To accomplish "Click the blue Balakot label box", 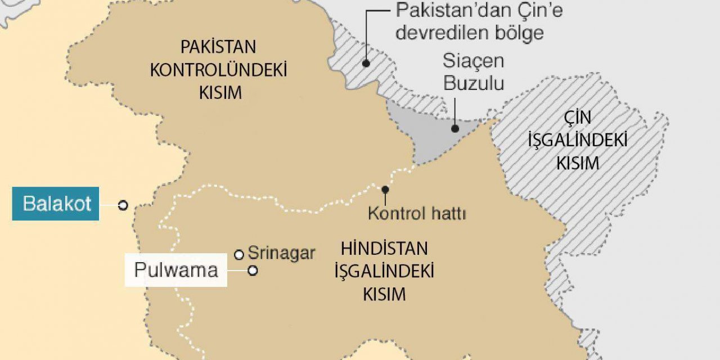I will (x=56, y=203).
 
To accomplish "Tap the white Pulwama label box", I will (x=175, y=270).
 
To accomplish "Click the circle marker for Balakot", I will (x=123, y=205).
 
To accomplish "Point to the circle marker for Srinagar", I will (x=239, y=255).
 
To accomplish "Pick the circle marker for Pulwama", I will (x=253, y=271).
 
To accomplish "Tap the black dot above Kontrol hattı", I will (x=385, y=189).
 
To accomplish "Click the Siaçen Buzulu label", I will (x=473, y=71).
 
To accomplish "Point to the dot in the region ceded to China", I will (x=366, y=64).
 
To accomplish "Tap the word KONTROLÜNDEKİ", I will (x=219, y=70).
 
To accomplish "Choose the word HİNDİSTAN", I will (x=384, y=248).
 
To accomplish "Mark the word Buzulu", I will (x=473, y=83).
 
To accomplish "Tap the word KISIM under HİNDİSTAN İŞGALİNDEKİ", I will (x=384, y=294).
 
